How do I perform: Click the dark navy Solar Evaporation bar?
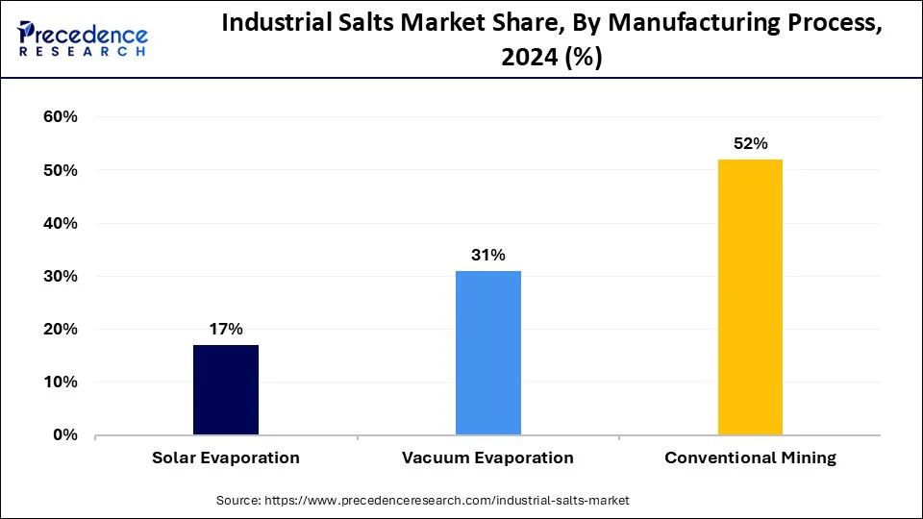coord(226,389)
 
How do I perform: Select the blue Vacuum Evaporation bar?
coord(488,353)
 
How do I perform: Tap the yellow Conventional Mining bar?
coord(750,297)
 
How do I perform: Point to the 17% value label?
coord(226,330)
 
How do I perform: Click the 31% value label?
coord(488,256)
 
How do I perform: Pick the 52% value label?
coord(750,144)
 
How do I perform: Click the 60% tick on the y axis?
coord(59,117)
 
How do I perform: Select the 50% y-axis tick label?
coord(59,170)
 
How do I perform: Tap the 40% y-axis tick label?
coord(59,223)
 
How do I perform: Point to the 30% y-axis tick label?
coord(59,276)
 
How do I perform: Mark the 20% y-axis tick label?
coord(59,329)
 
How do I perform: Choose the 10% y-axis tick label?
coord(59,382)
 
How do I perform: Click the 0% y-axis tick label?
coord(63,434)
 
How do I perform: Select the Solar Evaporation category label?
coord(226,457)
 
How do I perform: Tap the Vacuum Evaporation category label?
coord(488,457)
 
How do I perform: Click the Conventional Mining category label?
coord(750,457)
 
